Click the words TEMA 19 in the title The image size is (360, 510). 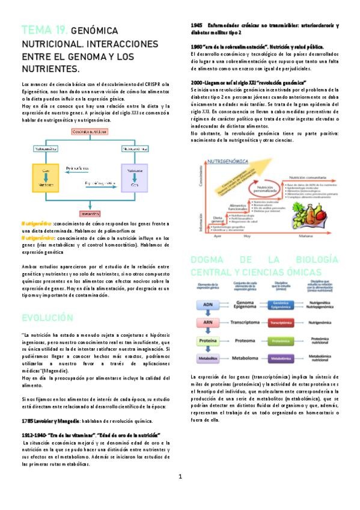(44, 30)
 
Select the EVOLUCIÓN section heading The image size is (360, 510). (47, 318)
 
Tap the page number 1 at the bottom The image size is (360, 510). (180, 477)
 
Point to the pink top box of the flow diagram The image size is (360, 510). (90, 131)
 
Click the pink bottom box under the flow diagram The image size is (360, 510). (90, 214)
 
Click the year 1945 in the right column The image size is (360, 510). (197, 25)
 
